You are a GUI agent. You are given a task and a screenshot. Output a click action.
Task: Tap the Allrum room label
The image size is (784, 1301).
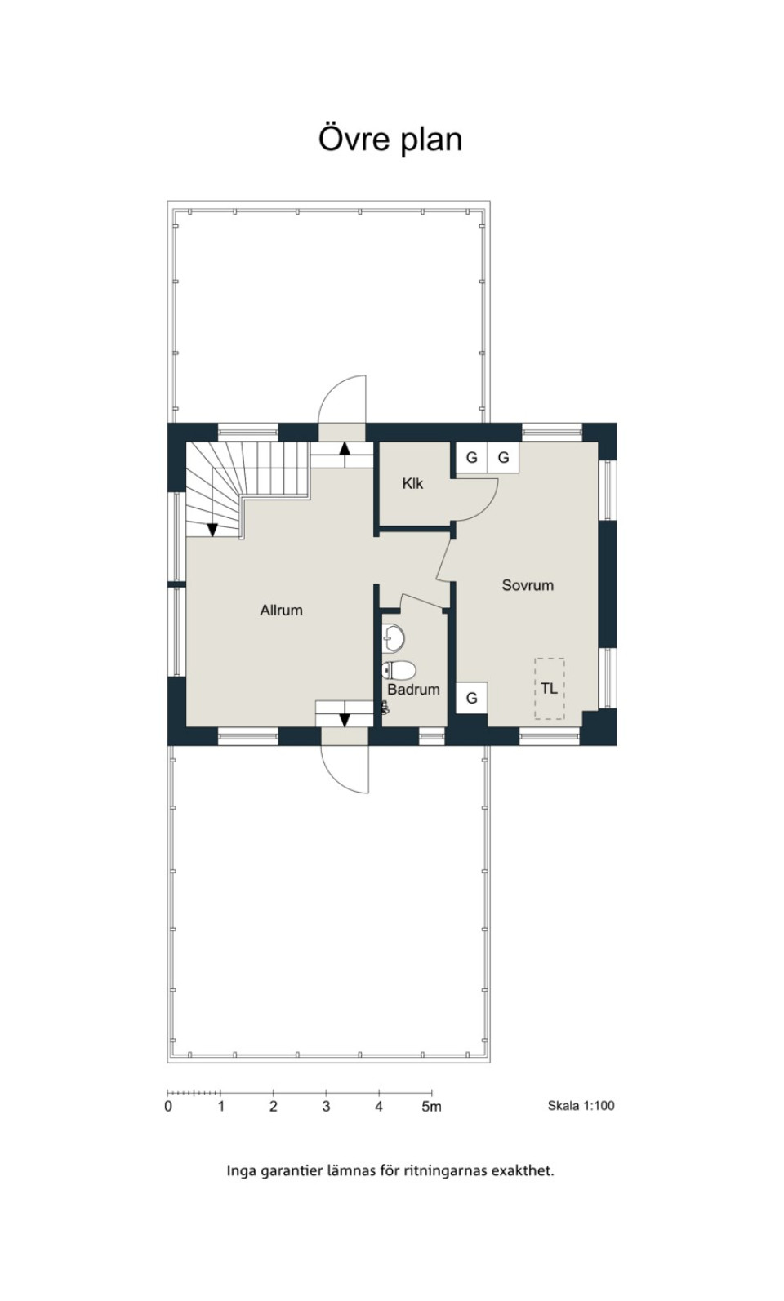(281, 611)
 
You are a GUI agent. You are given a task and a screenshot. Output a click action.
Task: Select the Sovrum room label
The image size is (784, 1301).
(528, 585)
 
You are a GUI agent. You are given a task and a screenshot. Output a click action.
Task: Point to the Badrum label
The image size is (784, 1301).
(414, 690)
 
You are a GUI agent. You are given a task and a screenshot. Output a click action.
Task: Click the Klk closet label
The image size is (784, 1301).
(412, 483)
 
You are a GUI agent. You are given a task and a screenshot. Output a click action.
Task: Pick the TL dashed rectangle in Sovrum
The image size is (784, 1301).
(550, 689)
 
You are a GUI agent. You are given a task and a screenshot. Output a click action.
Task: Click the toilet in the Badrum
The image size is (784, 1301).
(399, 670)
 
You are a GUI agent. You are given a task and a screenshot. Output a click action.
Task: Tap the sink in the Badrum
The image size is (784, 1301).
(394, 637)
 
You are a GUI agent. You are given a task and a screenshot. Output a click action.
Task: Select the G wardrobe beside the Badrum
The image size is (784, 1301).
(471, 697)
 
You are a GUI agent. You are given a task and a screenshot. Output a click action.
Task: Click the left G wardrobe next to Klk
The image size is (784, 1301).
(471, 458)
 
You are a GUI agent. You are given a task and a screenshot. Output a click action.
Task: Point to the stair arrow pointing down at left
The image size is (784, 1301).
(212, 530)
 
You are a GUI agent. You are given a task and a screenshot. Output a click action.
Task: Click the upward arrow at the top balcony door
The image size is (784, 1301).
(345, 448)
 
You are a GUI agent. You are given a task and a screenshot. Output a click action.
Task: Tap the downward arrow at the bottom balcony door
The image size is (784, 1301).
(345, 720)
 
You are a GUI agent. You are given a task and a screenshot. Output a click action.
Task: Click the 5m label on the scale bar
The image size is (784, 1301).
(432, 1107)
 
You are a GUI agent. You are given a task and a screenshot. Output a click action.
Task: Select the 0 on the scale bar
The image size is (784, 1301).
(168, 1107)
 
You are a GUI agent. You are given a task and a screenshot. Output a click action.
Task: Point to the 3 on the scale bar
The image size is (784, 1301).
(326, 1107)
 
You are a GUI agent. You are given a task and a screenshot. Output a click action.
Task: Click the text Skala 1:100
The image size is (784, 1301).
(581, 1106)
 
